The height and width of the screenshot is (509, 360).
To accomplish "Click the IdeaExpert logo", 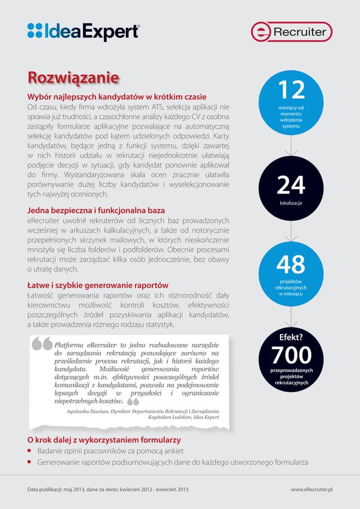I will [x=83, y=31].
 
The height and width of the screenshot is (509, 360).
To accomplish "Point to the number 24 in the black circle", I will [x=291, y=186].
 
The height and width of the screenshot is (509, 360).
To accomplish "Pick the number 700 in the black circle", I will [x=291, y=356].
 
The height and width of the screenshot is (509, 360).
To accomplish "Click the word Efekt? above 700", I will [x=291, y=338].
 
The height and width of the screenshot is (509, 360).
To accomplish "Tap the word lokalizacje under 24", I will [x=291, y=201].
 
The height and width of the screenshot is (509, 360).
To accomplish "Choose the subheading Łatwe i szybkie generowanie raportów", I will [x=98, y=286].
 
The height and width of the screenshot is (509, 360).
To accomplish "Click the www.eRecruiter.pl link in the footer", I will [x=311, y=489].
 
